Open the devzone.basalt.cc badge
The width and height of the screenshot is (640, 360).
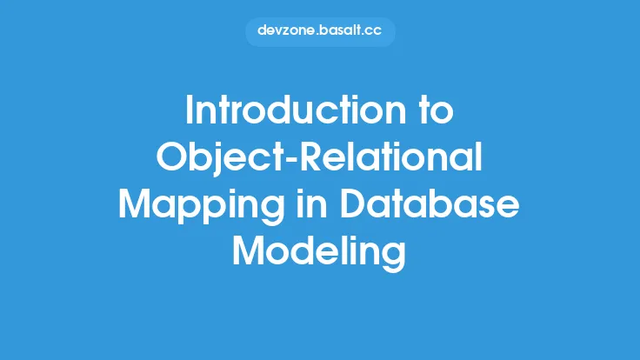(x=320, y=31)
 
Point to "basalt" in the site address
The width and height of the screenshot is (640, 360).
(x=343, y=31)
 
